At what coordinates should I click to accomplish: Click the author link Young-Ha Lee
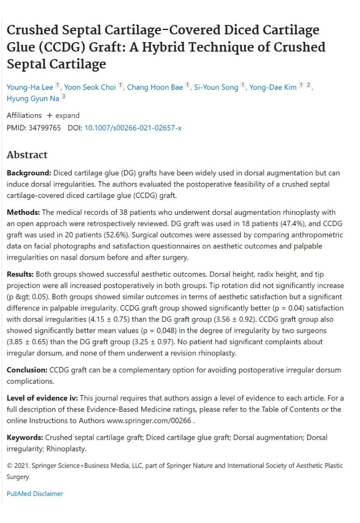30,87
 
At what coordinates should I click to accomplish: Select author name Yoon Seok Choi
90,87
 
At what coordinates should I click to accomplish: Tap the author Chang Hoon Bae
155,87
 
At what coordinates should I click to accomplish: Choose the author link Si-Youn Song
216,87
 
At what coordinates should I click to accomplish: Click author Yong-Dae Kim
273,87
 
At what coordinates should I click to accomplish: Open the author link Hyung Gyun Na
33,99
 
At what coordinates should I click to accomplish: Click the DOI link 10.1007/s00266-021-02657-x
133,128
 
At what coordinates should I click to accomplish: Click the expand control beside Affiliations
63,115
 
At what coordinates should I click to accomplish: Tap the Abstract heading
27,155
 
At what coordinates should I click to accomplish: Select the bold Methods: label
23,213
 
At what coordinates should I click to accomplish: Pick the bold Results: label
21,274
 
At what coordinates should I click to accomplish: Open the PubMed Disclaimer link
35,494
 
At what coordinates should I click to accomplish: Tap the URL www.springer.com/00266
150,420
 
